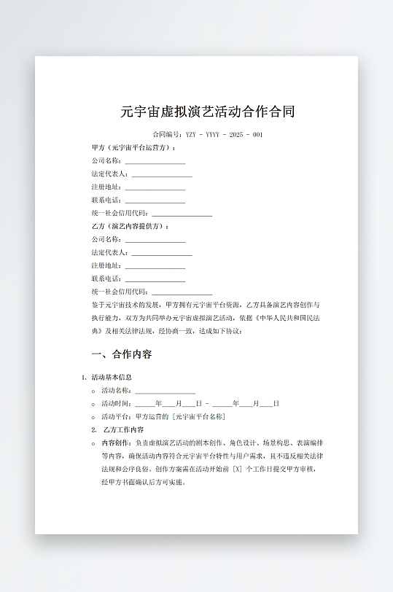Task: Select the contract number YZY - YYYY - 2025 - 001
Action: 225,135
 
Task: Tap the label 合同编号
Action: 167,135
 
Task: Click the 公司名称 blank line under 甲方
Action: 155,160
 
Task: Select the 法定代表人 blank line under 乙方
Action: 161,252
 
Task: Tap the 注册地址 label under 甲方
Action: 106,187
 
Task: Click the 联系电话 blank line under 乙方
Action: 155,279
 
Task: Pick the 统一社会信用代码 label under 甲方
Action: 120,213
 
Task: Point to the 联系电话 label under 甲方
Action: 106,200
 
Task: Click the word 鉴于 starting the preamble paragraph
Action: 98,304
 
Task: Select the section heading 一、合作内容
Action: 122,354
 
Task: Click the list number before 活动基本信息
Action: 84,378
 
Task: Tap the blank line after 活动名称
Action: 165,391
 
